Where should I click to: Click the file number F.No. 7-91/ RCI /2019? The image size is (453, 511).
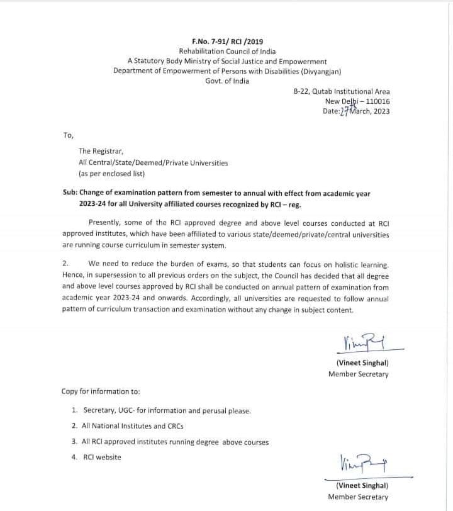[x=227, y=41]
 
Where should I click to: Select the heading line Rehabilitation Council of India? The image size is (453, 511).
[x=227, y=51]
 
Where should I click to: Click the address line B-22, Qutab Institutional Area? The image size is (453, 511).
[x=342, y=91]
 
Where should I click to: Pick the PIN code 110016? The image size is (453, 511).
[x=375, y=101]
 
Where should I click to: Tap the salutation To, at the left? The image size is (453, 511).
[x=68, y=135]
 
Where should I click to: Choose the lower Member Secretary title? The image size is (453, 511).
[x=358, y=497]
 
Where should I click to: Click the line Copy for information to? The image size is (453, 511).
[x=101, y=391]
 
